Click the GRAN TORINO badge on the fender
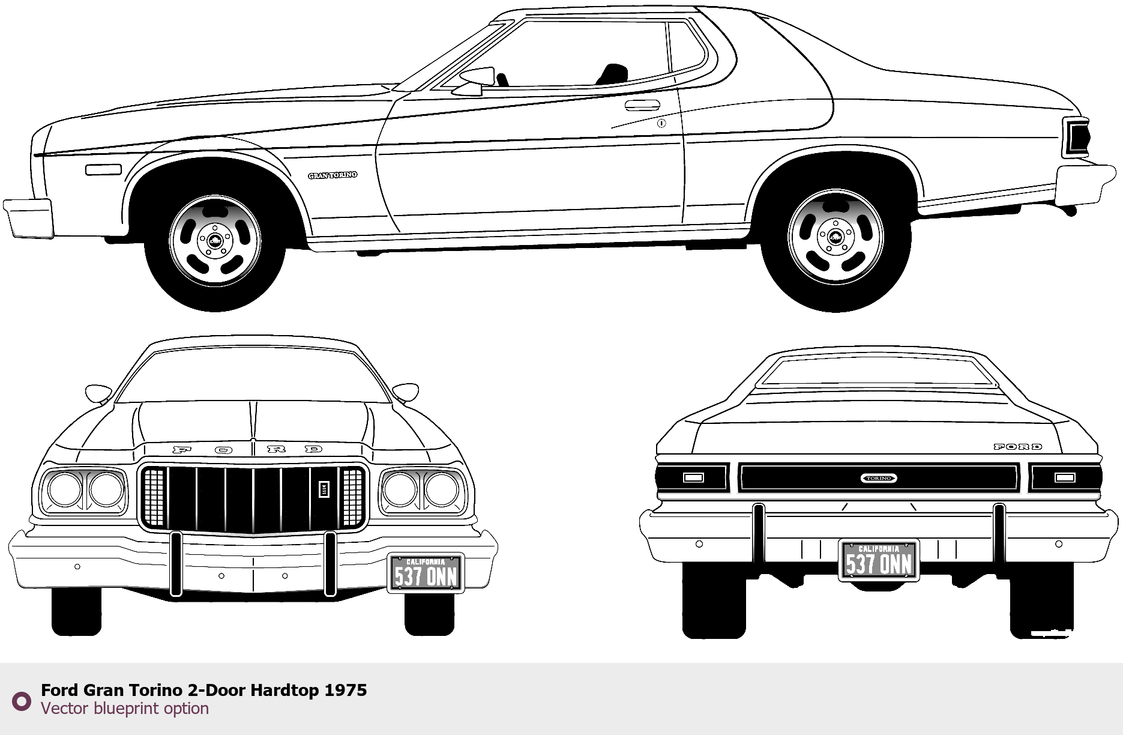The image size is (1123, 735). pos(333,175)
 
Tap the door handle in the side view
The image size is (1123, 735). pos(642,106)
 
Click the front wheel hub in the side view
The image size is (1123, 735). pos(215,241)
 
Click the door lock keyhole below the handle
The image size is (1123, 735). pos(661,124)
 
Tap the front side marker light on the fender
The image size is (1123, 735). pos(103,170)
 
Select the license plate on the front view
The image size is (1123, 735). pos(426,573)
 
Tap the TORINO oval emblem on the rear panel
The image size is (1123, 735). pos(879,478)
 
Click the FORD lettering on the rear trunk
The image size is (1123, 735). pos(1018,447)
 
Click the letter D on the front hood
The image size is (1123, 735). pos(313,449)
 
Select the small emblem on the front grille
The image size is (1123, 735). pos(323,489)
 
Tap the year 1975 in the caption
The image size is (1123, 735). pos(346,691)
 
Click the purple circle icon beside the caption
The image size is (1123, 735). pos(22,701)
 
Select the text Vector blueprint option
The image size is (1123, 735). pos(125,709)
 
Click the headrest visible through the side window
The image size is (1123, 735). pos(613,73)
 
